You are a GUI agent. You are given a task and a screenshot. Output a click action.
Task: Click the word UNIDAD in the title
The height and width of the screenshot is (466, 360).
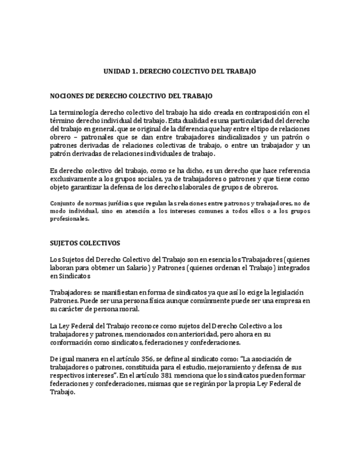click(x=116, y=71)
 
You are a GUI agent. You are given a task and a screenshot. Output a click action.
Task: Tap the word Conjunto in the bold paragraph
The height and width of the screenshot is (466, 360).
click(x=63, y=203)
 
